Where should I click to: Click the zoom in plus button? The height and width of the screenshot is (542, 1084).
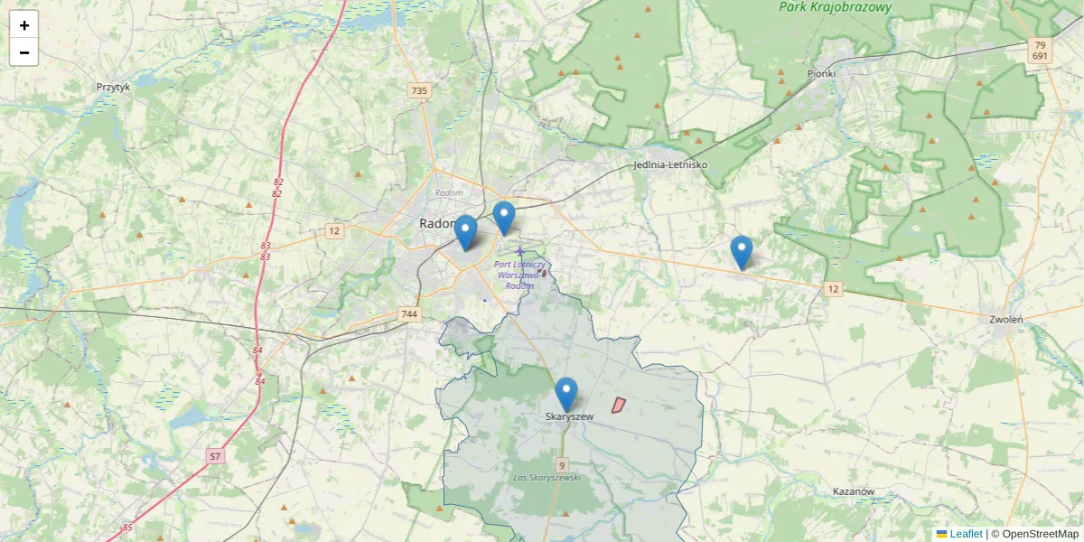tap(24, 25)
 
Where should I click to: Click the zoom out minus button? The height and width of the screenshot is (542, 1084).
tap(24, 52)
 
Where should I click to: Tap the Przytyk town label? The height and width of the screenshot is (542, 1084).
tap(114, 88)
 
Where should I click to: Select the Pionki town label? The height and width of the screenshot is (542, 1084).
tap(821, 73)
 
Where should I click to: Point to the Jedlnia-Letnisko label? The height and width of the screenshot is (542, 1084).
tap(670, 165)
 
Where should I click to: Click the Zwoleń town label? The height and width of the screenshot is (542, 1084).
tap(1005, 319)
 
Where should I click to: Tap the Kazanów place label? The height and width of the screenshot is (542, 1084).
tap(854, 492)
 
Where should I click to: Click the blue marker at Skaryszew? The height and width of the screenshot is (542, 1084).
tap(566, 395)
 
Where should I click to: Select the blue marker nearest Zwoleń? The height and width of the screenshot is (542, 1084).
tap(741, 252)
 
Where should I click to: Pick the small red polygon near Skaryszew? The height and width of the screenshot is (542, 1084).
tap(619, 406)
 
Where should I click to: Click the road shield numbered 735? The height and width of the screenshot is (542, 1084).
tap(419, 90)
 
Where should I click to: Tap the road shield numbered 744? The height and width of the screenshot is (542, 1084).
tap(409, 314)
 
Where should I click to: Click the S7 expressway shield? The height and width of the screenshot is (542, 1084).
tap(215, 456)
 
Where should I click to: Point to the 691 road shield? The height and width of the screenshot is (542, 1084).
tap(1040, 56)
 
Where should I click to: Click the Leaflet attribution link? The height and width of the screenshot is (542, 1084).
tap(965, 534)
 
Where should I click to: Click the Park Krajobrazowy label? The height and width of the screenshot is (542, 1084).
tap(836, 7)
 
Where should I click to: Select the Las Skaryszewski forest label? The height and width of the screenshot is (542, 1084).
tap(547, 477)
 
